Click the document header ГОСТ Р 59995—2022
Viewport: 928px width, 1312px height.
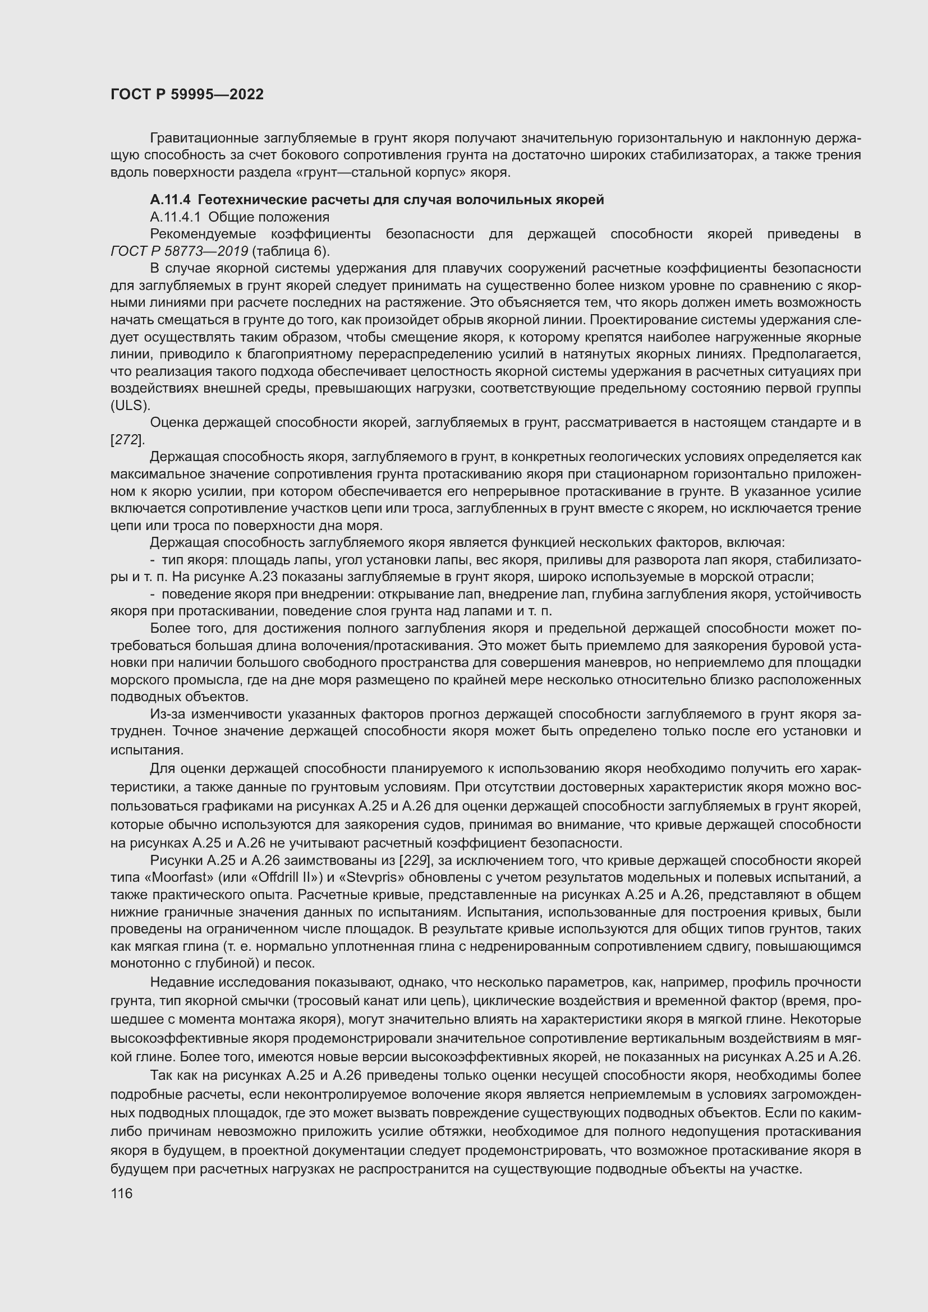(x=187, y=94)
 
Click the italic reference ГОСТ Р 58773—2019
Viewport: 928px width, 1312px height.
(x=179, y=251)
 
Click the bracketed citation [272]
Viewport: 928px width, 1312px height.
(x=127, y=440)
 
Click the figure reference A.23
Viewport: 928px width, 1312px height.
(x=277, y=577)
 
